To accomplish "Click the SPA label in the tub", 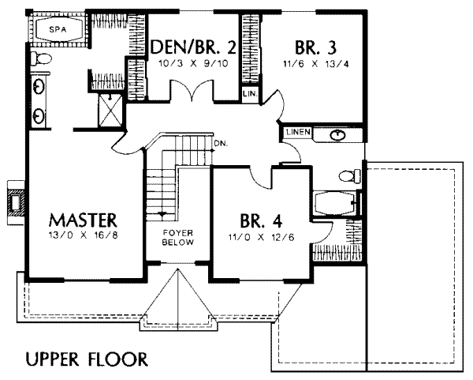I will point(54,28).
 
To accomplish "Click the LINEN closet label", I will point(298,131).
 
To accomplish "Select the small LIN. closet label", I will point(250,93).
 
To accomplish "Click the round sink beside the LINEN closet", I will point(337,134).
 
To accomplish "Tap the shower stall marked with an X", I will point(110,108).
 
